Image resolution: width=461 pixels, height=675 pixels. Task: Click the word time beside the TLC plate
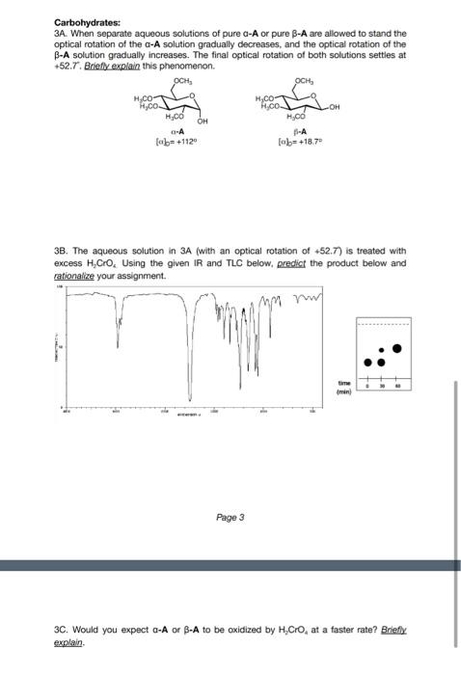click(x=343, y=382)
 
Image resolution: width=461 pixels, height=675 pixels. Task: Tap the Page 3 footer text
click(x=230, y=517)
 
